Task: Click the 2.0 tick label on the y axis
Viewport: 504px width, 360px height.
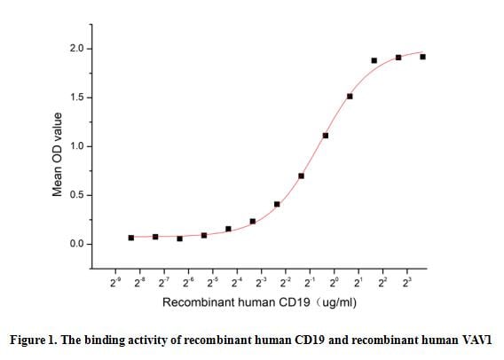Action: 77,49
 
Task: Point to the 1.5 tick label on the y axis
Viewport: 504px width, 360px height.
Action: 77,98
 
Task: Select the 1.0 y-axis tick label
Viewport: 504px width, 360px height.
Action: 77,146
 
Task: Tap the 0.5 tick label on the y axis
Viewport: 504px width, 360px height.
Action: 77,195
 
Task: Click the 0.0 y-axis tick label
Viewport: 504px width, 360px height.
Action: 77,244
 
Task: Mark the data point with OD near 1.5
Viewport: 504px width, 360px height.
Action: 350,97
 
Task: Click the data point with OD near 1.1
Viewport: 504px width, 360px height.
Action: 326,136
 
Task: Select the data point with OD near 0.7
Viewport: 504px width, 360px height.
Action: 302,176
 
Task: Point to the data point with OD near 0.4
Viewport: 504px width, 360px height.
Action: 277,204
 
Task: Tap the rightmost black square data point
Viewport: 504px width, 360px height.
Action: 422,57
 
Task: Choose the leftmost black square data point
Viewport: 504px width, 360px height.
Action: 131,238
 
